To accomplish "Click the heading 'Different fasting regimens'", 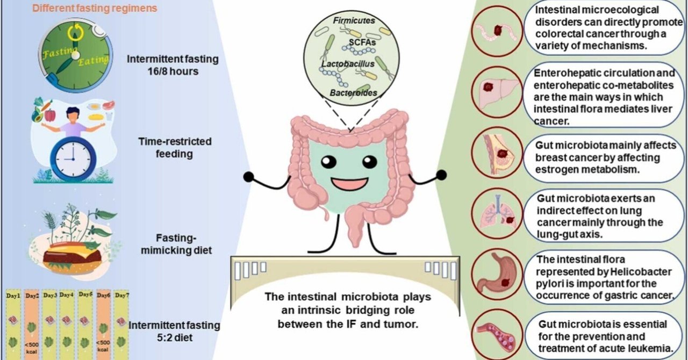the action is click(x=95, y=8).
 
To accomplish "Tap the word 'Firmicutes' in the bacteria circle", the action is click(x=354, y=20).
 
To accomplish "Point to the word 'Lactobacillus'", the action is click(x=348, y=64).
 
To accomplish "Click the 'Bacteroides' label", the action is click(x=353, y=93).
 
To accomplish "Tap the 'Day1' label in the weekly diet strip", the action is click(x=13, y=296).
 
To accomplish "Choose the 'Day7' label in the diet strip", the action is click(x=121, y=296).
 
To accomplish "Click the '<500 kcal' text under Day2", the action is click(x=32, y=348).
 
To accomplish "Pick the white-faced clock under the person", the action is click(x=73, y=159).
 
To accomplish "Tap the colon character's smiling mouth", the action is click(x=349, y=184).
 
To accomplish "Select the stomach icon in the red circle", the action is click(x=496, y=275).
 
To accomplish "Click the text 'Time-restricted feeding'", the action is click(x=175, y=147).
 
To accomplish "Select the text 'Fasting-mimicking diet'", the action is click(x=176, y=244).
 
